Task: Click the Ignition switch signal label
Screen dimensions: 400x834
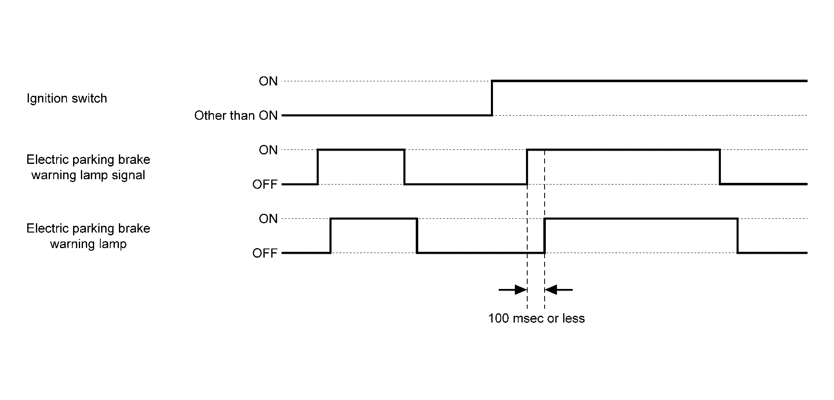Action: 66,98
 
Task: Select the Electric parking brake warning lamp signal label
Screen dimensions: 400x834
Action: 88,167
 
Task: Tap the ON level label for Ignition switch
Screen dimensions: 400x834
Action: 268,81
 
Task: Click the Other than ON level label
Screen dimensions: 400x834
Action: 236,116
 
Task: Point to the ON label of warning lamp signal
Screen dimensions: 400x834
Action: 268,150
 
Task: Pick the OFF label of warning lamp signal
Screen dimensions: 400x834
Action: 265,184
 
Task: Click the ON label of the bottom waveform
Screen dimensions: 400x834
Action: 268,219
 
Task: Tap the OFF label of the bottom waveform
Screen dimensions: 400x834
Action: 265,253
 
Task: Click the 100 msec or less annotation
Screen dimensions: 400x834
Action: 536,319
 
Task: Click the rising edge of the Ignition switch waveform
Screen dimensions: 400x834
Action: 492,98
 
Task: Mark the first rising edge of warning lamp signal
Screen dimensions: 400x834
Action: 317,167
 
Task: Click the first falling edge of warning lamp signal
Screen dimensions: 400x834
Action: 404,167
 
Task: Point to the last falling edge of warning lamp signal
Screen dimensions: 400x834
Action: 720,167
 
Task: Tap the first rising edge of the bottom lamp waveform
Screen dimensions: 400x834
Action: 331,236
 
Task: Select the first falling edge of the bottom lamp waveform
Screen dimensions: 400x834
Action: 417,236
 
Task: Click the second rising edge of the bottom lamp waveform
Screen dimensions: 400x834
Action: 545,236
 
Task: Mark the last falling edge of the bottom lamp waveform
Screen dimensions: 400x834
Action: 737,236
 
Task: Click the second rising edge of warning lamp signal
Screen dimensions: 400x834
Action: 527,167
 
